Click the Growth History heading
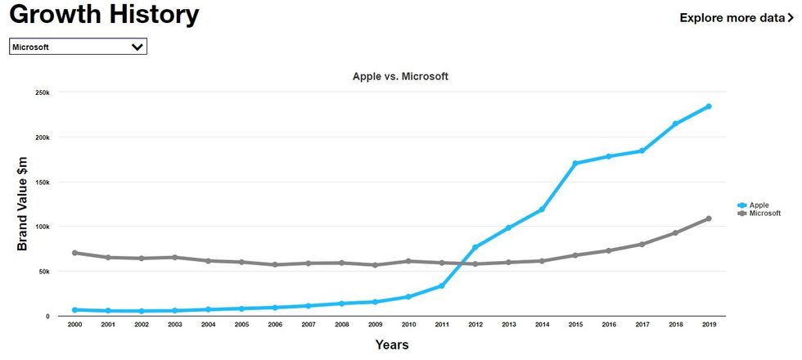pyautogui.click(x=104, y=15)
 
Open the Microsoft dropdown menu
pyautogui.click(x=78, y=47)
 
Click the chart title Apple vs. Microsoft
pyautogui.click(x=400, y=76)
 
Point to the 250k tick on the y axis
pyautogui.click(x=43, y=92)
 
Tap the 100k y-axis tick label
pyautogui.click(x=43, y=227)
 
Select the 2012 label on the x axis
pyautogui.click(x=475, y=325)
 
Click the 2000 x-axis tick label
pyautogui.click(x=74, y=325)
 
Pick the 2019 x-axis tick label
pyautogui.click(x=709, y=325)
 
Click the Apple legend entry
pyautogui.click(x=757, y=205)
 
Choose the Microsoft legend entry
pyautogui.click(x=763, y=214)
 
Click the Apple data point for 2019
pyautogui.click(x=709, y=106)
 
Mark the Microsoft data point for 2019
pyautogui.click(x=709, y=218)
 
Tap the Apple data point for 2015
pyautogui.click(x=575, y=163)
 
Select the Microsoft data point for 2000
pyautogui.click(x=74, y=253)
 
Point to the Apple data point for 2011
pyautogui.click(x=442, y=286)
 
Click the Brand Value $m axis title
pyautogui.click(x=22, y=204)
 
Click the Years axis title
pyautogui.click(x=391, y=345)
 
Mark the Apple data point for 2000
pyautogui.click(x=74, y=310)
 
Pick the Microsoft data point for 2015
pyautogui.click(x=575, y=255)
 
